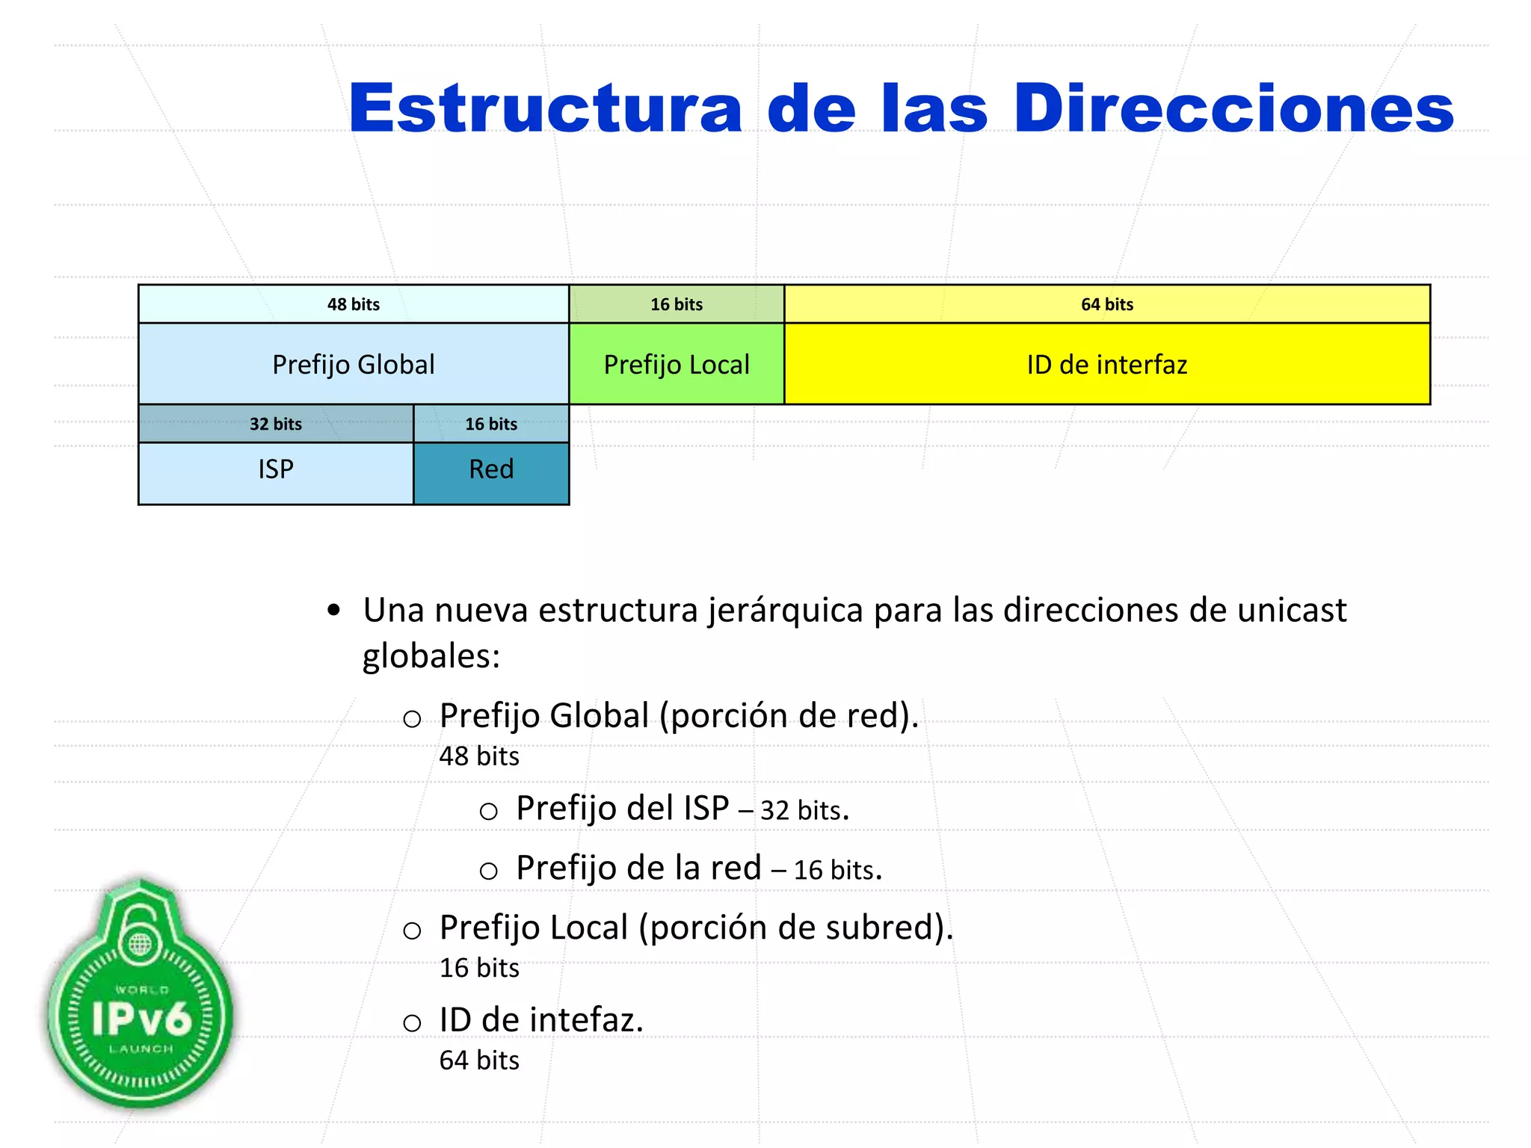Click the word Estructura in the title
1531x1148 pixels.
(545, 109)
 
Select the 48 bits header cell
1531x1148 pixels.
(354, 304)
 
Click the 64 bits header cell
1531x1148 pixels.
(1106, 304)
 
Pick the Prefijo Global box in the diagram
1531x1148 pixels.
(354, 365)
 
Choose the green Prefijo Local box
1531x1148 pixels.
(677, 365)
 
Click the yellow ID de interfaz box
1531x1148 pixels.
(1106, 365)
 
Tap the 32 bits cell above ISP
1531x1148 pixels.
(276, 424)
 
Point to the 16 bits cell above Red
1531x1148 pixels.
(491, 424)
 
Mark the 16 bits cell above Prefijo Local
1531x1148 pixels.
(677, 304)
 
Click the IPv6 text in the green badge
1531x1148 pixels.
(141, 1018)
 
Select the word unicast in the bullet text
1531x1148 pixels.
(1291, 610)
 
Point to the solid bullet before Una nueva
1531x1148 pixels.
(334, 611)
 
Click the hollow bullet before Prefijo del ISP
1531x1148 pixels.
(488, 812)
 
